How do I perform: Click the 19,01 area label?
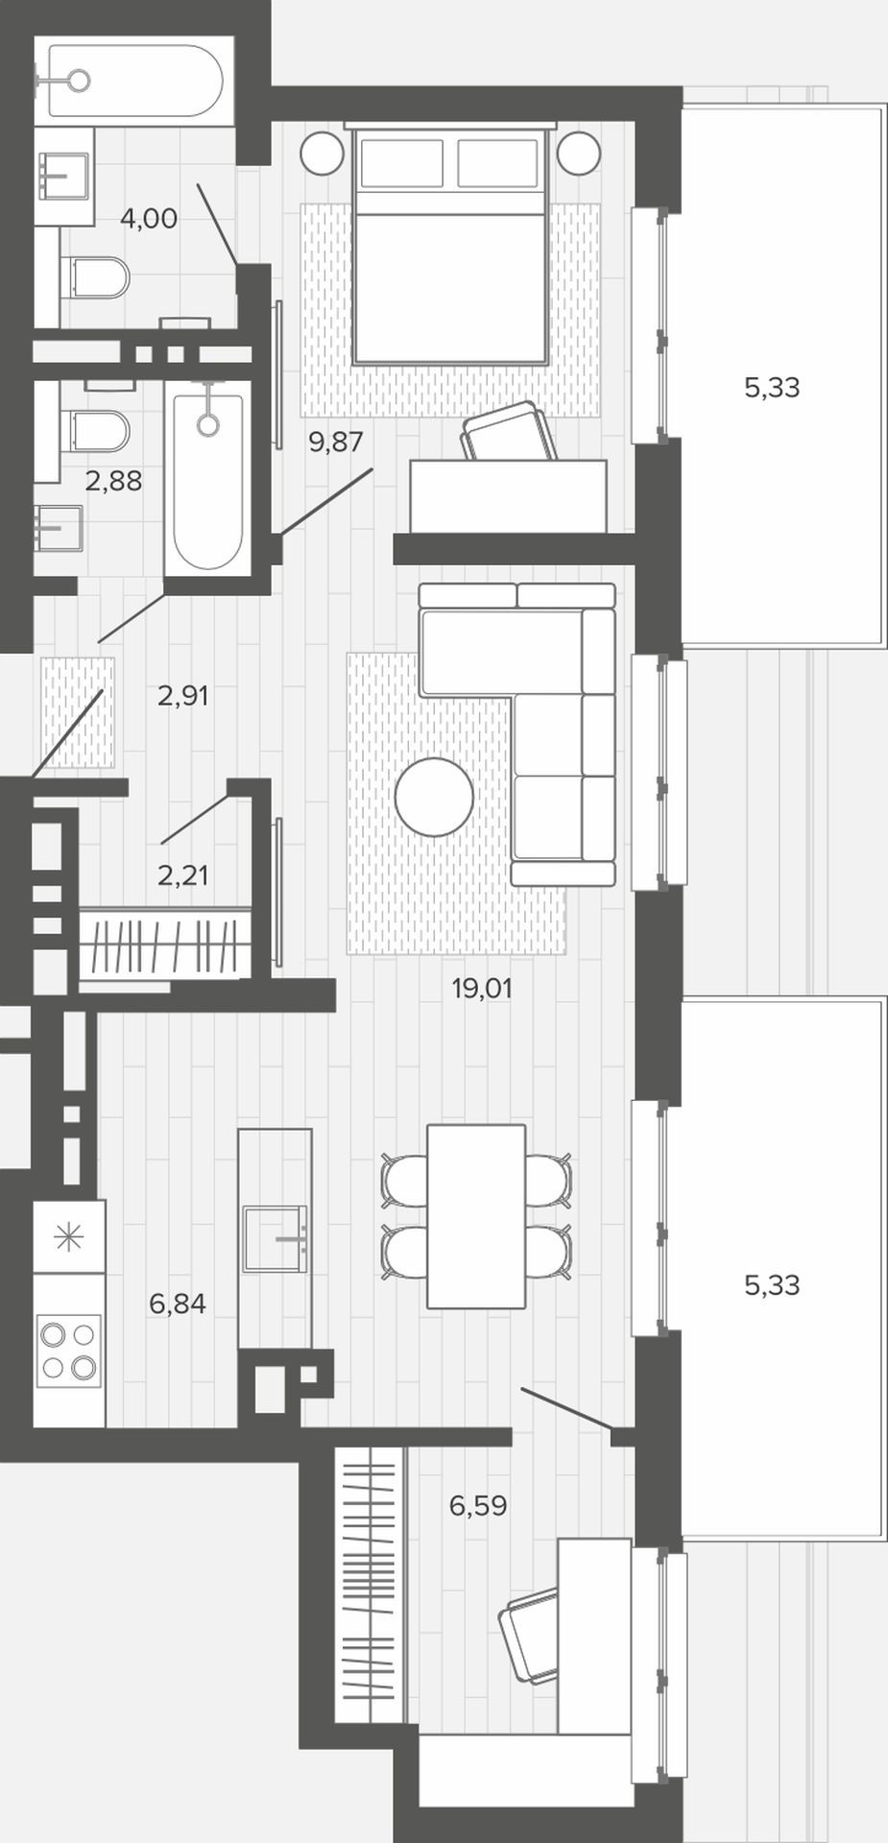pos(481,988)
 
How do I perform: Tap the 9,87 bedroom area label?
pos(336,443)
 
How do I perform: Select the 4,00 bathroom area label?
pos(149,219)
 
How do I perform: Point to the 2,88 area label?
pos(113,481)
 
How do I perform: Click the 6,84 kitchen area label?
pos(178,1304)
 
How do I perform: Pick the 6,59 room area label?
pos(478,1505)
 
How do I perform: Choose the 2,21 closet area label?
pos(182,874)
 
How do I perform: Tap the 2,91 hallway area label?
pos(182,695)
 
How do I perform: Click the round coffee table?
pos(435,797)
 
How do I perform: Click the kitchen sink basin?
pos(275,1239)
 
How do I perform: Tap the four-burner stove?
pos(69,1349)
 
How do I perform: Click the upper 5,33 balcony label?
pos(772,388)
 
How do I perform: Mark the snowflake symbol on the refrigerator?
pos(69,1238)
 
